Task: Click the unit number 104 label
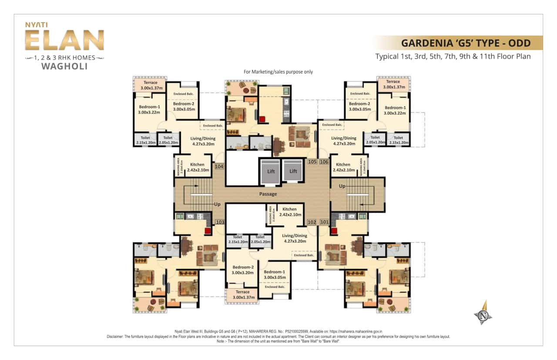(219, 167)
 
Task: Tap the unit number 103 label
(220, 222)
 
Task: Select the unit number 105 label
(312, 162)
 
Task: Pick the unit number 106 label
(324, 162)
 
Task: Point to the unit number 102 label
(312, 222)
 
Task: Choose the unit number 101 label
(324, 222)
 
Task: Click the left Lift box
(271, 170)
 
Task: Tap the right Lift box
(293, 170)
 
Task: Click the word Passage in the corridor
(268, 194)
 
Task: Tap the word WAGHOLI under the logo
(64, 67)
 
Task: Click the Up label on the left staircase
(217, 204)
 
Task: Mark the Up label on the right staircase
(342, 186)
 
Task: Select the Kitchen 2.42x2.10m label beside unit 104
(197, 167)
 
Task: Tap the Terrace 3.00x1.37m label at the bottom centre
(242, 294)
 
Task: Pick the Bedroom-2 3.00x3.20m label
(242, 270)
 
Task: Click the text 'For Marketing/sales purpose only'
(278, 72)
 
